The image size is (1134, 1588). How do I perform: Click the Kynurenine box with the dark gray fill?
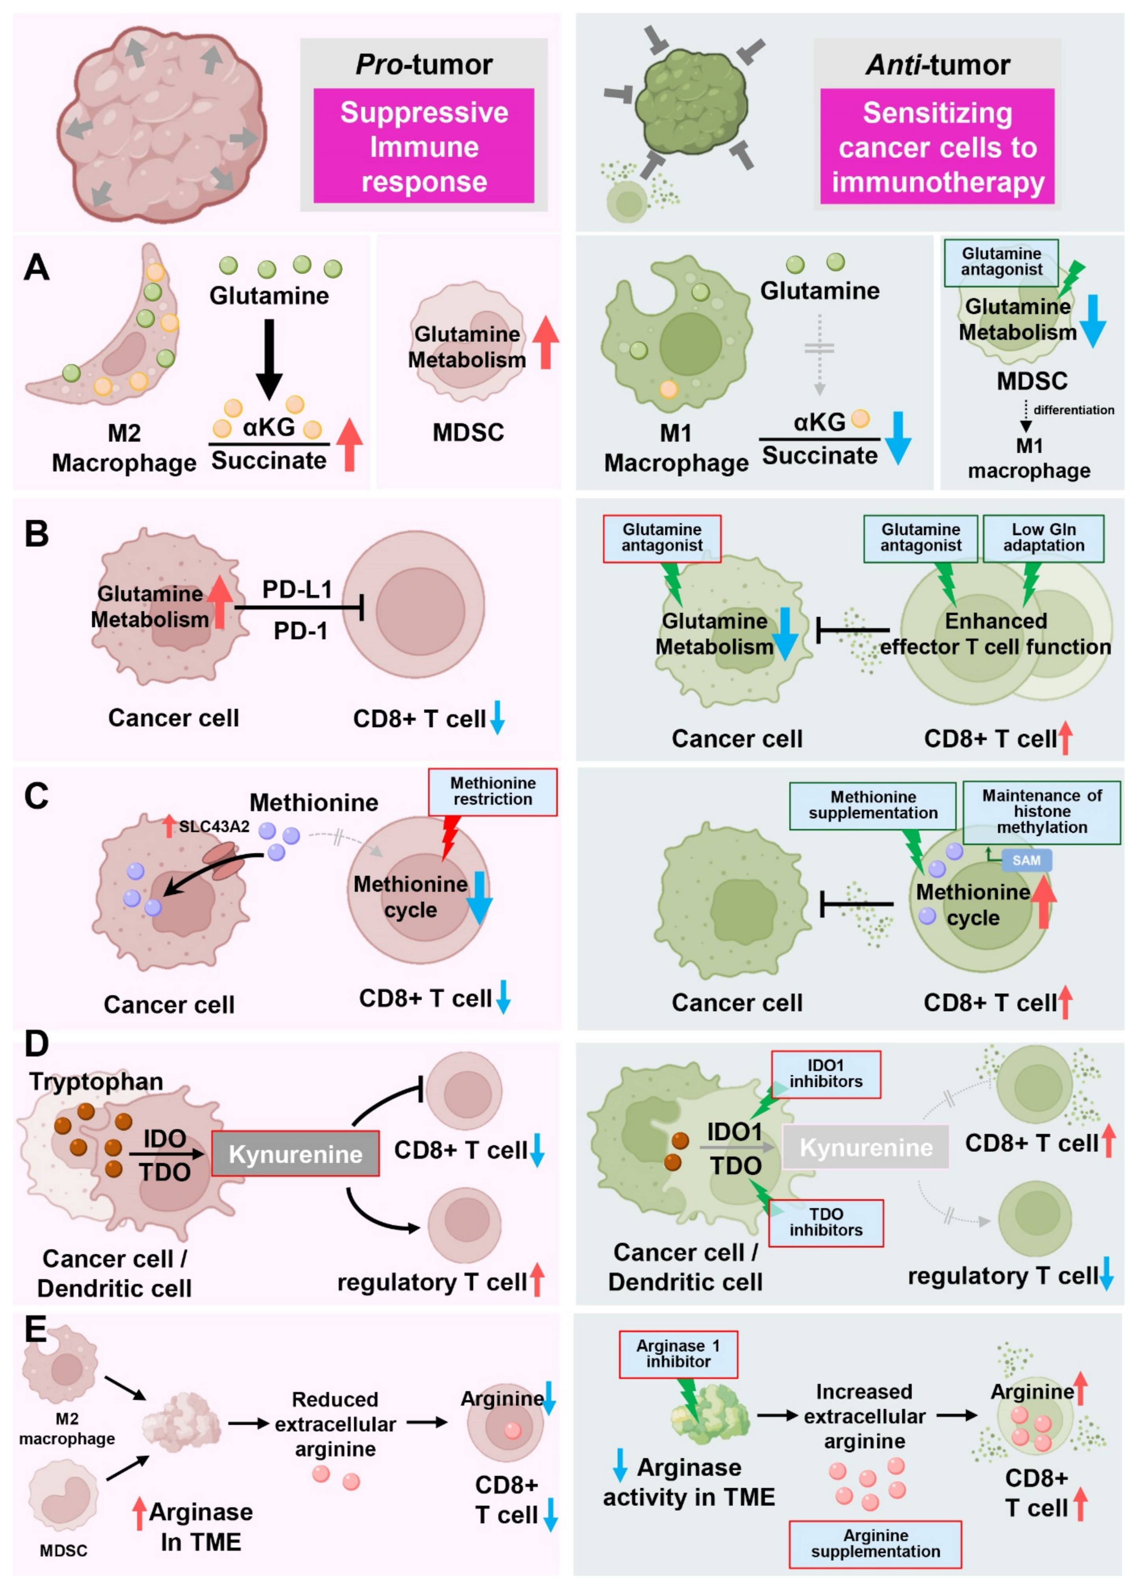pyautogui.click(x=295, y=1153)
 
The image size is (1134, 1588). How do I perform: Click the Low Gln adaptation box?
pyautogui.click(x=1043, y=538)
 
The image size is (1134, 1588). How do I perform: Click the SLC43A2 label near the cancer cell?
pyautogui.click(x=214, y=826)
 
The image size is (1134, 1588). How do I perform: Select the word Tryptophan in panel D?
pyautogui.click(x=96, y=1082)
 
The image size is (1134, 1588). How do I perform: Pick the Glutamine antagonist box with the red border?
pyautogui.click(x=661, y=538)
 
